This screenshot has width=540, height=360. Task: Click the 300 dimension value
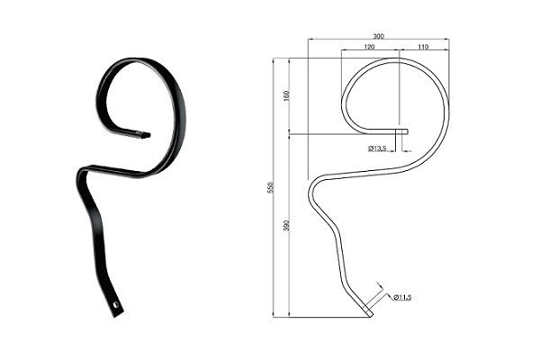[378, 36]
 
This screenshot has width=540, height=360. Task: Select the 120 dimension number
[369, 47]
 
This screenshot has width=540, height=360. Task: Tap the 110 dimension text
[423, 47]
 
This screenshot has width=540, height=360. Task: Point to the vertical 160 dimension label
[286, 95]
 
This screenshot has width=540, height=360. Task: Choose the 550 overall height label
[270, 187]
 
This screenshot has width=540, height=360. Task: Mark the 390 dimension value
[286, 225]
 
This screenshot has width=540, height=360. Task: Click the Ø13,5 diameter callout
[377, 148]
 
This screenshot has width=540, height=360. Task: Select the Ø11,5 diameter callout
[402, 297]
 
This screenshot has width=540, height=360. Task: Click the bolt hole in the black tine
[116, 305]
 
